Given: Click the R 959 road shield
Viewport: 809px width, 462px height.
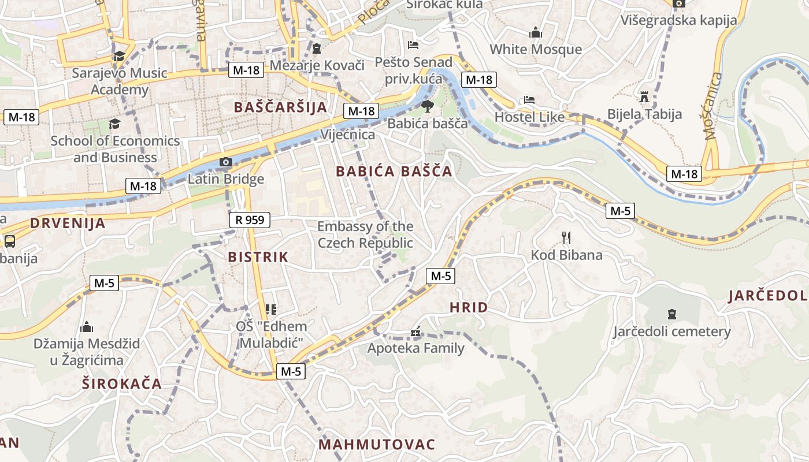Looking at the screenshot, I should (250, 219).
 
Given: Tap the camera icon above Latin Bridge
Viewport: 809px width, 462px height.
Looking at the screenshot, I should (226, 162).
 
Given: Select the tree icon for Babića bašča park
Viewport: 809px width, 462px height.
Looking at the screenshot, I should (427, 106).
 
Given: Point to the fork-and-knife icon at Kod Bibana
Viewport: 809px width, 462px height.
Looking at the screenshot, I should (566, 237).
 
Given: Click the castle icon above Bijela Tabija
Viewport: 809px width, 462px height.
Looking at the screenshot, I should (644, 96).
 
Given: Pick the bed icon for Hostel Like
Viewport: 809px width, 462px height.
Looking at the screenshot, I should (529, 100).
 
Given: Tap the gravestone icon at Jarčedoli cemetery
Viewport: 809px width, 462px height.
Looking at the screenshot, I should (671, 314).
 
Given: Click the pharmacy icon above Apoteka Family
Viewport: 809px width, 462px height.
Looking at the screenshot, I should (415, 332).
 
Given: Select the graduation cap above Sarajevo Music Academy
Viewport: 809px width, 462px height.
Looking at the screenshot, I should (119, 56).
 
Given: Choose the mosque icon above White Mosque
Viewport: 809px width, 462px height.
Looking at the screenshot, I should (536, 32).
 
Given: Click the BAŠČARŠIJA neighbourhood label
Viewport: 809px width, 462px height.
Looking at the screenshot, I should (280, 107).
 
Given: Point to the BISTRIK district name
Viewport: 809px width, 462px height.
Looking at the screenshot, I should (258, 257).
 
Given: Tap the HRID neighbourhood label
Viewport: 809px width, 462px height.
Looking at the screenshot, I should (469, 307).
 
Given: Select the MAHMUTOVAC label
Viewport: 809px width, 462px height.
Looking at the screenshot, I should (376, 444).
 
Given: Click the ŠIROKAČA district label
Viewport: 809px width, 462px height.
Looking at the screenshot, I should (121, 383).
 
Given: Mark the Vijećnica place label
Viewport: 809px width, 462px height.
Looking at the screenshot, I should (347, 135).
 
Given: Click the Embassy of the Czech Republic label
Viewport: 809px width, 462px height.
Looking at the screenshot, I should (365, 234).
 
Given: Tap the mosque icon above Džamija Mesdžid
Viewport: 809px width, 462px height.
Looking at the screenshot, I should (87, 327).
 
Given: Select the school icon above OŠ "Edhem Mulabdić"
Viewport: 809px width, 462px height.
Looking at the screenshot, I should (271, 310).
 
